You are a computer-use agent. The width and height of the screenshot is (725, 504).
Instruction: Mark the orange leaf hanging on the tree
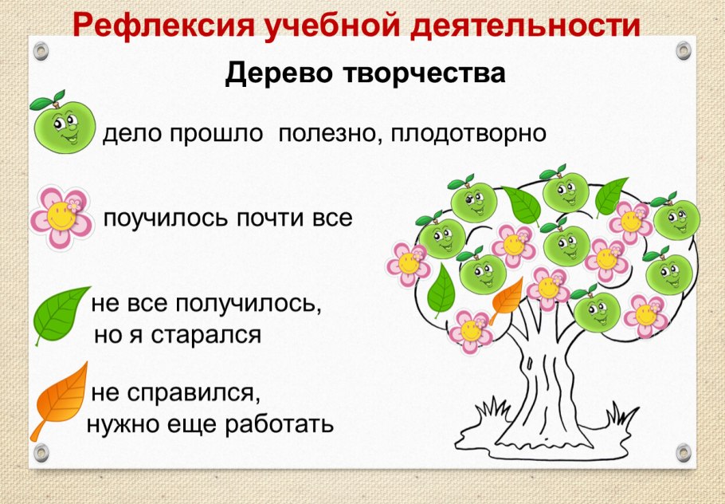(507, 298)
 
